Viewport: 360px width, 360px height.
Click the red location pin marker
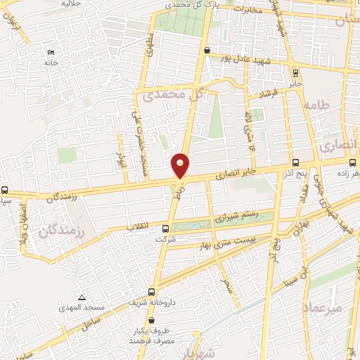click(x=181, y=165)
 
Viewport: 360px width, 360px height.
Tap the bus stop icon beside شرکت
click(x=166, y=228)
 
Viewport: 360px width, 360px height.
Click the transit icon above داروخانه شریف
click(x=152, y=292)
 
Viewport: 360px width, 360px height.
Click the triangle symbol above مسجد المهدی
click(x=82, y=298)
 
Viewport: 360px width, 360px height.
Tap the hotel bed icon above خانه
click(x=49, y=53)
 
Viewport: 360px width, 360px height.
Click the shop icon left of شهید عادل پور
click(x=206, y=50)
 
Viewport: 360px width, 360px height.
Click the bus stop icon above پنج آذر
click(x=295, y=161)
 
